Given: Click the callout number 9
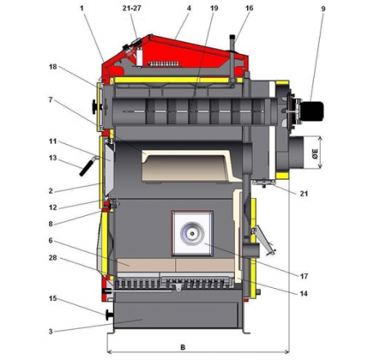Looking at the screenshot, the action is coord(323,9).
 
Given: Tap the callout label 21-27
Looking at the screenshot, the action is coord(132,8).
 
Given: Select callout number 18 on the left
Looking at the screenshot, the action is coord(53,66).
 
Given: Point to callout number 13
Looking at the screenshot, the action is coord(53,158).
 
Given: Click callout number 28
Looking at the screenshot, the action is coord(52,258).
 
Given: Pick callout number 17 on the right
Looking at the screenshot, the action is coord(304,277).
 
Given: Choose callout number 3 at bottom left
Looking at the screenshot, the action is coord(51,331).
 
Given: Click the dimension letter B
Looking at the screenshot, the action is coord(183,347).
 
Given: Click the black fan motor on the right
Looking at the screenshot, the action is coord(312,111).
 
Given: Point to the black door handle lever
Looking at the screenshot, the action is coord(87,166).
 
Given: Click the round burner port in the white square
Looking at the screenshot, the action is coord(192,233).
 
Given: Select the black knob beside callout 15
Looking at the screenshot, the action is coord(109,315).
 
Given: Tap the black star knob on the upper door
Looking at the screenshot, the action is coord(96,106).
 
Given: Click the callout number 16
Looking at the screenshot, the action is coord(249,8).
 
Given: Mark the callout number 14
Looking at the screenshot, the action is coord(303,294).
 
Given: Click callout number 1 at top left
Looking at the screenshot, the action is coord(81,8).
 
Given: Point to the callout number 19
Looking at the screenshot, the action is coord(214,8).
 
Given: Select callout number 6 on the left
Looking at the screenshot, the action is coord(51,241).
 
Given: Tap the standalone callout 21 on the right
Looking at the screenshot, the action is coord(304,193).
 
